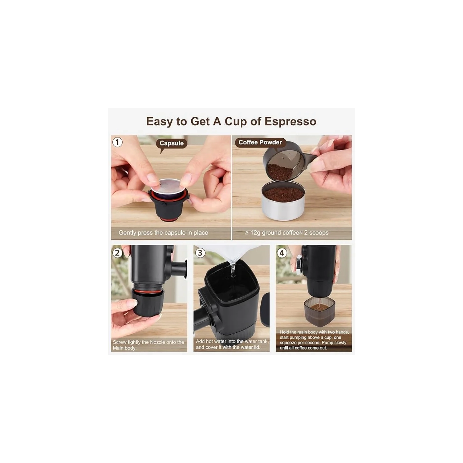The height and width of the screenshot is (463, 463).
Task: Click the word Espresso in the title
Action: coord(290,121)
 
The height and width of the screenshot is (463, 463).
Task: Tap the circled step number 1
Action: coord(117,142)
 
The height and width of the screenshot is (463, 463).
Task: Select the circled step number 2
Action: coord(117,253)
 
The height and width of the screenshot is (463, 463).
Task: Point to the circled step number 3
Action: coord(200,253)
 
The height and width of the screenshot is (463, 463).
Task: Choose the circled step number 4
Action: coord(282,253)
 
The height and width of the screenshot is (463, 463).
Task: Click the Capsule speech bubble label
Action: coord(171,143)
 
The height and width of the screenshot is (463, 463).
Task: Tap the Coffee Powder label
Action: coord(260,142)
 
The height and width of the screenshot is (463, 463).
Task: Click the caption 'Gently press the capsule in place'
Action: coord(163,233)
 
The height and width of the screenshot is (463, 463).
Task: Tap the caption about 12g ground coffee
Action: coord(287,233)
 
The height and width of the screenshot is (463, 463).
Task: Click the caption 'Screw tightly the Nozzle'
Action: coord(148,345)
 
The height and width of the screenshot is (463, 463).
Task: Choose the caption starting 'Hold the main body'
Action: coord(314,340)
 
